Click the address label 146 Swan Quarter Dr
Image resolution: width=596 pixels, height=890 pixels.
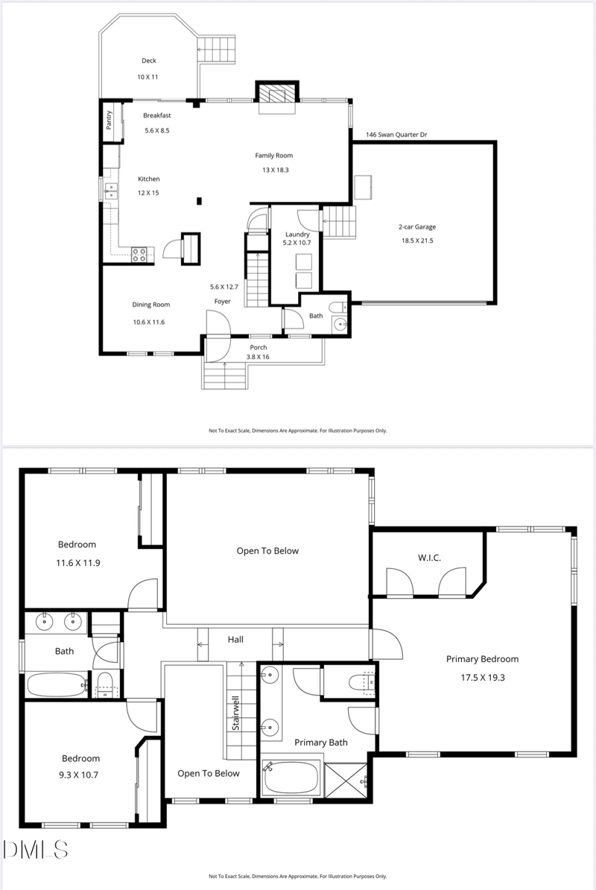coord(396,135)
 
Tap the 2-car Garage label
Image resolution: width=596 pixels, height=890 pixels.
coord(417,226)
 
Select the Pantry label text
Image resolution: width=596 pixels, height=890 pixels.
coord(109,120)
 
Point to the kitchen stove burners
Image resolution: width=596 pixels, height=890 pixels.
coord(139,254)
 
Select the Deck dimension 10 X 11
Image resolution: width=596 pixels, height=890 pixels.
coord(148,77)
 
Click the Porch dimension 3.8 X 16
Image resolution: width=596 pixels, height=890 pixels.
coord(259,357)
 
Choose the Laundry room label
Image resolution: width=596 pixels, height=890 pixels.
coord(297,234)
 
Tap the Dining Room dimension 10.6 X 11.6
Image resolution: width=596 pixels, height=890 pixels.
coord(148,322)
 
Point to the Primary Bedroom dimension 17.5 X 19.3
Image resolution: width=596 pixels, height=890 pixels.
coord(482,678)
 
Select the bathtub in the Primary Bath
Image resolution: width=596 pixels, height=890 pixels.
coord(291,778)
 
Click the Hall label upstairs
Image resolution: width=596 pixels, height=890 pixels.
coord(235,639)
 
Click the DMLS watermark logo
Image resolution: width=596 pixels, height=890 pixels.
coord(36,849)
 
